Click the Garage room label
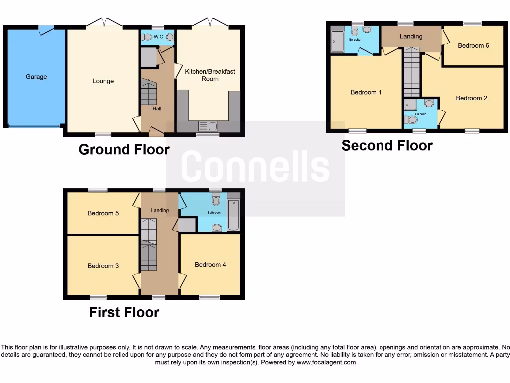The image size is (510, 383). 36,77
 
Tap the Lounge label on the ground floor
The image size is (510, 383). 103,81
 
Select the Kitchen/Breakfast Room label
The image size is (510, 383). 210,75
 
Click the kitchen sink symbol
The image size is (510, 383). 205,126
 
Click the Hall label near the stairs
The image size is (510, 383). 157,108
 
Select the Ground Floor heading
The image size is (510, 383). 124,149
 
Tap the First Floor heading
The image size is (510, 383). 124,312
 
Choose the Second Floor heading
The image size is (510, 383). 387,145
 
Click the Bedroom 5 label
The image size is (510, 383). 103,213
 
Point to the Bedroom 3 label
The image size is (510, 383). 103,266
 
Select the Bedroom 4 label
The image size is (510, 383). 210,264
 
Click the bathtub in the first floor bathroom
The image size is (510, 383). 233,215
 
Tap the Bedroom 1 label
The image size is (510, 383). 366,92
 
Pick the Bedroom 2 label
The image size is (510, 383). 472,98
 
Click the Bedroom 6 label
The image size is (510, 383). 473,45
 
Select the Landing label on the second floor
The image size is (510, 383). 411,36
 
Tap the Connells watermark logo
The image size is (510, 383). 255,167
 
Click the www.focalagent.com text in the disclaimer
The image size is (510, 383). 327,362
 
